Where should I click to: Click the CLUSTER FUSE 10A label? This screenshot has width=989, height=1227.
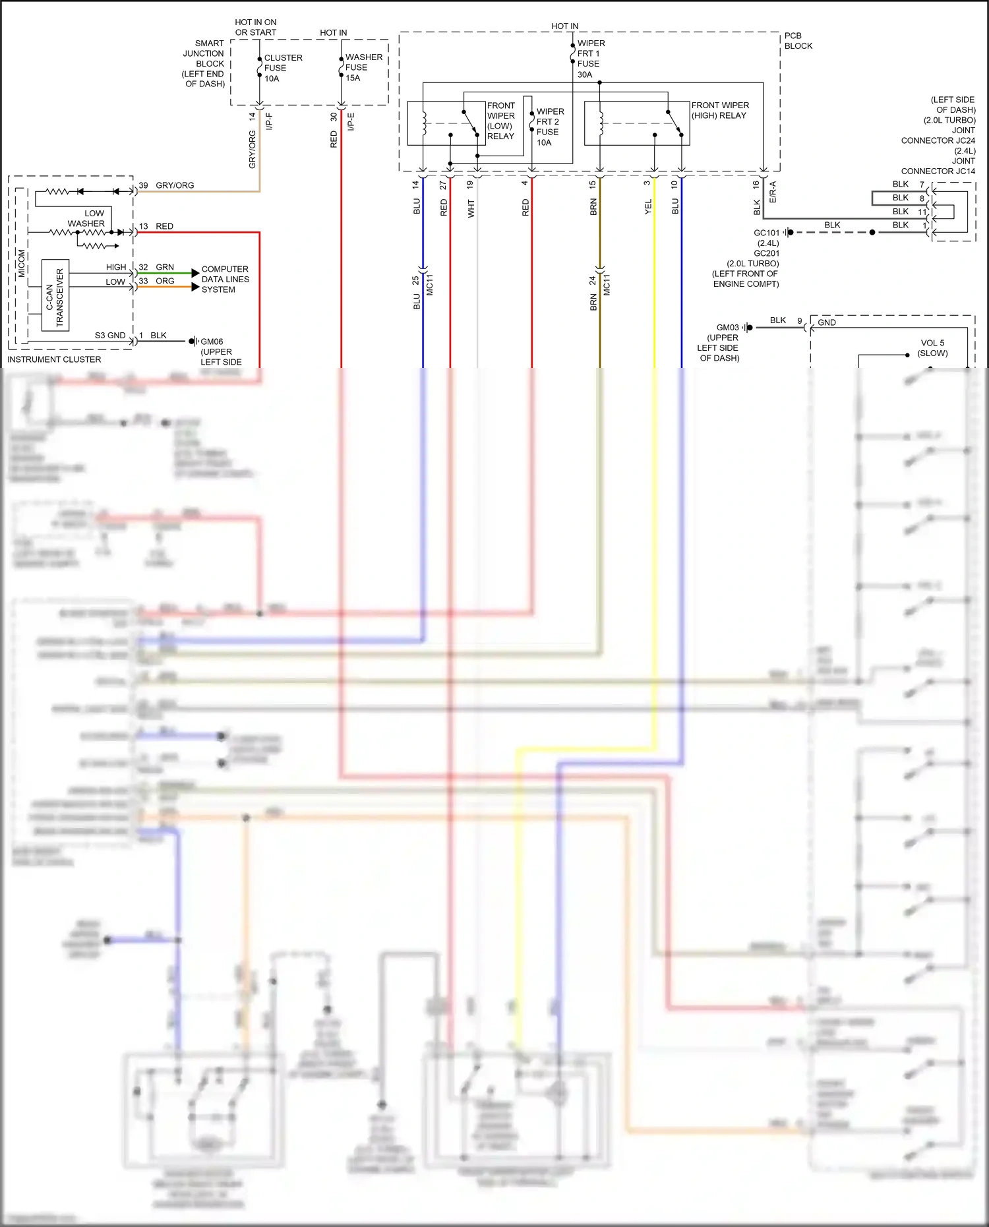(282, 68)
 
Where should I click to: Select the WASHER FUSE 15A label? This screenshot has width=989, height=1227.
(363, 67)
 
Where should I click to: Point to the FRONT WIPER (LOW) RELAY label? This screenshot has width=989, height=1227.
(500, 121)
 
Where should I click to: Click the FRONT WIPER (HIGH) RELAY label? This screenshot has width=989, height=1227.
(719, 110)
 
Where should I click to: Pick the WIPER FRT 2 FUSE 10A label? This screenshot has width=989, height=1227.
(549, 127)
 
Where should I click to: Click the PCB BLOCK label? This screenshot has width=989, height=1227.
(798, 41)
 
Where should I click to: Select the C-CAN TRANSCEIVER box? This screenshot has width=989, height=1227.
(55, 295)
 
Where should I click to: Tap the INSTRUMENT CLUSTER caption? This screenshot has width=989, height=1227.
(54, 359)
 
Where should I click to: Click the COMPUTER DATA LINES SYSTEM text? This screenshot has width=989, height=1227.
(225, 279)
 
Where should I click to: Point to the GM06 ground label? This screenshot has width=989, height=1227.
(212, 342)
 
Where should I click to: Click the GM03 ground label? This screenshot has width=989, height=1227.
(727, 327)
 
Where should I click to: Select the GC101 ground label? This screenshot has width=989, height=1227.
(766, 233)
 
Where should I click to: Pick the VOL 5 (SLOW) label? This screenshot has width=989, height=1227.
(932, 347)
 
